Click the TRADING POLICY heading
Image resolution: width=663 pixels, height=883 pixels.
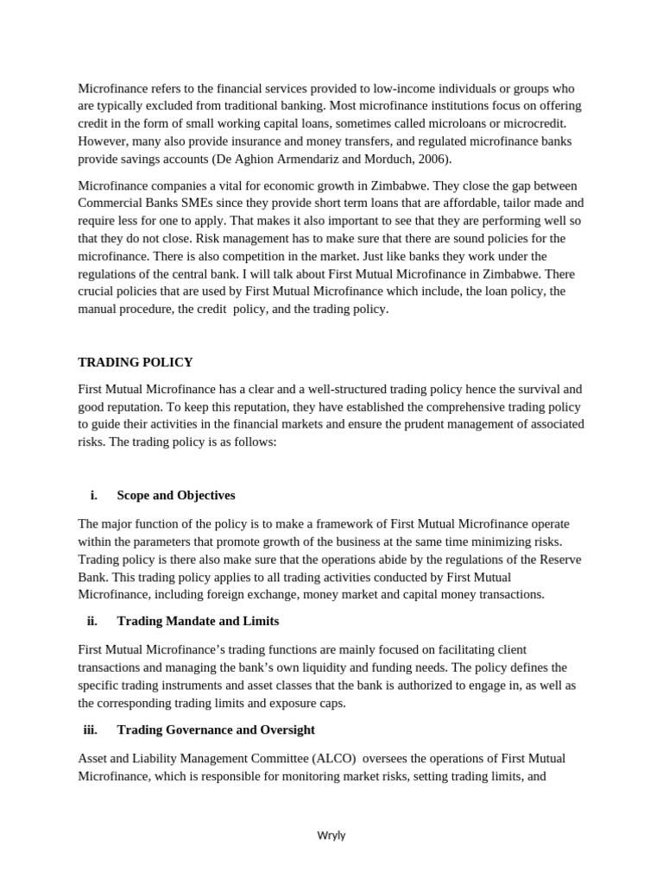click(136, 362)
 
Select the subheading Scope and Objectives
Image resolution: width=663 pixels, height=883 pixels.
click(175, 496)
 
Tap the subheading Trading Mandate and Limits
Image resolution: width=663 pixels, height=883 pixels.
click(198, 622)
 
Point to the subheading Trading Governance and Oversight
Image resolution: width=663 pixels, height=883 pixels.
click(216, 730)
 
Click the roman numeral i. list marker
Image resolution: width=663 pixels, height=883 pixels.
click(93, 496)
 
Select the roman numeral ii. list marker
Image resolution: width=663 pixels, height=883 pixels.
click(92, 622)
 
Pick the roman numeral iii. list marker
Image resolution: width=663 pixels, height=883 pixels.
click(90, 730)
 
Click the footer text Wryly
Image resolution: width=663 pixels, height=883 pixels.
click(331, 835)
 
